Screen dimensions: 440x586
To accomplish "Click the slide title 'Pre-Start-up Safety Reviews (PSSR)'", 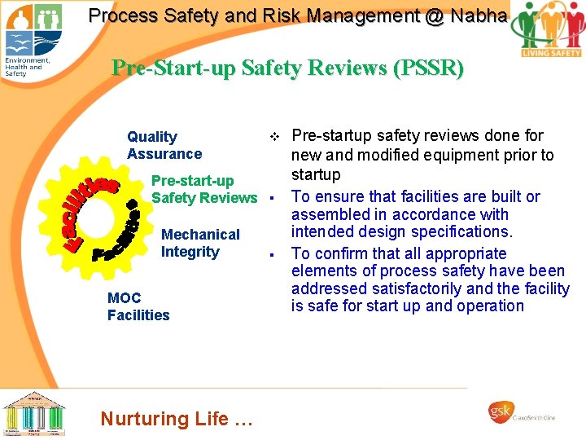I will click(287, 68).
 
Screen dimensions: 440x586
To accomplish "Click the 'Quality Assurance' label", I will click(164, 145).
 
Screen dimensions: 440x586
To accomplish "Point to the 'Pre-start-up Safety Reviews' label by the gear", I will click(203, 189).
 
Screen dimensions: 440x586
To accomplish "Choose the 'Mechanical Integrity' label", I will click(200, 243).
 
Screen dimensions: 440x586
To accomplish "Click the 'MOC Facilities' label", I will click(138, 306).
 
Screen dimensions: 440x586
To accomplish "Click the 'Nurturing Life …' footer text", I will click(177, 419).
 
